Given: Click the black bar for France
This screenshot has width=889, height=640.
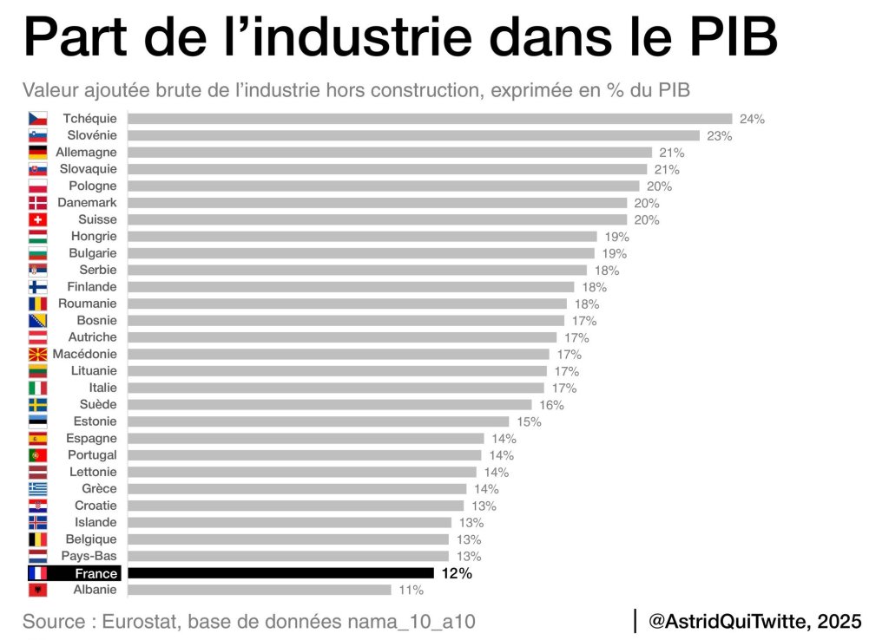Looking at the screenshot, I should (280, 573).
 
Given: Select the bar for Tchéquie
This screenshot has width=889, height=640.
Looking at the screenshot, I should (430, 119).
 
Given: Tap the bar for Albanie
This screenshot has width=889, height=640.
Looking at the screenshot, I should (260, 590).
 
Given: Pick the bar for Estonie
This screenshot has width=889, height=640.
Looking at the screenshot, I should (319, 421).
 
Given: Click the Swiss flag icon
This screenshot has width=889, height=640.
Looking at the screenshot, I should (37, 219).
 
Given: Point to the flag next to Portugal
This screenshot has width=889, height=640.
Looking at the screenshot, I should (37, 455).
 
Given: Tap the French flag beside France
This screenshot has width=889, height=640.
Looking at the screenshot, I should (37, 573).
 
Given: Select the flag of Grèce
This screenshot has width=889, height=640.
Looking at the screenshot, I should (37, 489).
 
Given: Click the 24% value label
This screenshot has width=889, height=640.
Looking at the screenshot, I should (751, 119).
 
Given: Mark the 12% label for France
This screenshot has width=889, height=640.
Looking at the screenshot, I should (457, 573).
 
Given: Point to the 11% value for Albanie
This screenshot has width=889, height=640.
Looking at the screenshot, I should (410, 590).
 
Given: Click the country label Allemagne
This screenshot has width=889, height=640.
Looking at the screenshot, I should (85, 152).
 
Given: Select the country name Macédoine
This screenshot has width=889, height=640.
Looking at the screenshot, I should (84, 354).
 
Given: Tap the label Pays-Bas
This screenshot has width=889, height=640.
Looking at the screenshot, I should (89, 556).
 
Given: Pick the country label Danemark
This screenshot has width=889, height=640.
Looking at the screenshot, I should (86, 202).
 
